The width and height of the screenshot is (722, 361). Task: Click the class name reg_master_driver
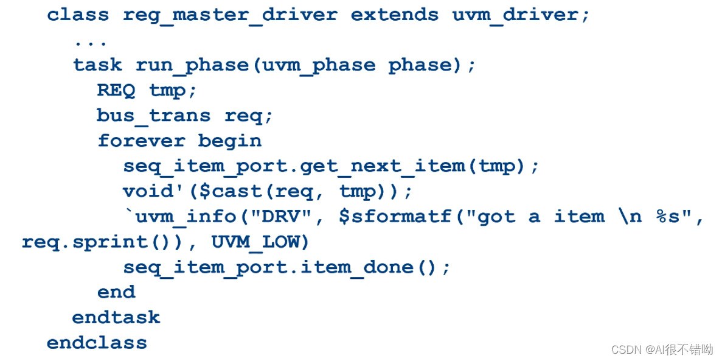(229, 15)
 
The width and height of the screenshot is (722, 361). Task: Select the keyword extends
(394, 15)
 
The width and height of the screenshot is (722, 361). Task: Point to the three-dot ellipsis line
(91, 42)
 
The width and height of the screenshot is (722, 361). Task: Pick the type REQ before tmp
(116, 90)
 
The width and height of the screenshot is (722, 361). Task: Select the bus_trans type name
(153, 116)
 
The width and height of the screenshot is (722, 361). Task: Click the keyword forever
(141, 141)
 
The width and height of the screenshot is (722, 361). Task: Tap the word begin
(229, 141)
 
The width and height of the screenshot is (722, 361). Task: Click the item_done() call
(387, 267)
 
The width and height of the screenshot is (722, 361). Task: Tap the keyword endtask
(116, 317)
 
